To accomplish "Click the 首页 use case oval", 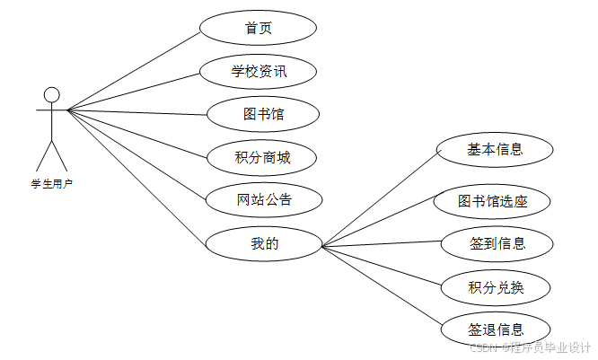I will [x=258, y=28].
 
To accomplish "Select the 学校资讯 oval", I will [x=258, y=71].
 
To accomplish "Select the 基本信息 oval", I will [x=495, y=150].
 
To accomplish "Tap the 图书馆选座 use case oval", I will [x=492, y=201].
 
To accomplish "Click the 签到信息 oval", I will [x=497, y=243].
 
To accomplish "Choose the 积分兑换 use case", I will [x=496, y=287].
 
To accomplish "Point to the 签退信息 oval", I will [x=496, y=329].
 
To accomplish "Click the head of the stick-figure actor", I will [x=52, y=94].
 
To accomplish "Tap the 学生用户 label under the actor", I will [x=52, y=183].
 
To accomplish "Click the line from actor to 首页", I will [x=135, y=71].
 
